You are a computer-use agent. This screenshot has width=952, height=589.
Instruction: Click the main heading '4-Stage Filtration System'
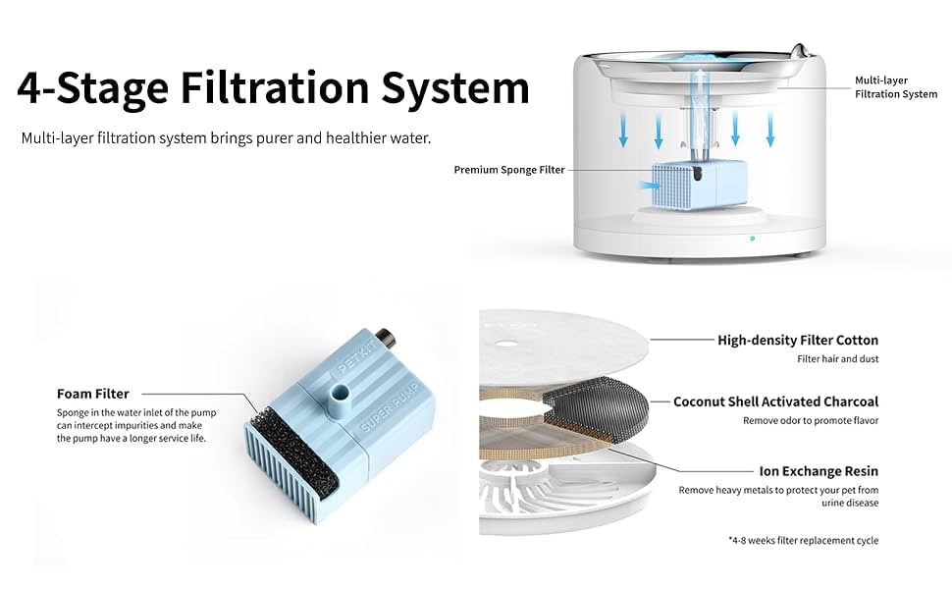[x=273, y=88]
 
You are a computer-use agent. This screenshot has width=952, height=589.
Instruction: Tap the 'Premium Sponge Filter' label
[x=509, y=170]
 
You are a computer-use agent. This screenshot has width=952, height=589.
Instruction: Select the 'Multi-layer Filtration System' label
[x=896, y=86]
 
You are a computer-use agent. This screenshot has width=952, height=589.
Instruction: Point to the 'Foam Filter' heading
[x=93, y=394]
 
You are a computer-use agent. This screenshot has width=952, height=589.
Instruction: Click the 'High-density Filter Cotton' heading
[x=798, y=340]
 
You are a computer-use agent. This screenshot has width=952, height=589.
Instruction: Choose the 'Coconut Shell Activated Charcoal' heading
[x=776, y=402]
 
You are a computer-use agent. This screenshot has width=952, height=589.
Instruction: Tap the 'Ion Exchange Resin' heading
[x=819, y=471]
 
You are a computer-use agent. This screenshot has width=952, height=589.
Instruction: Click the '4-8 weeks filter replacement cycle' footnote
[x=803, y=541]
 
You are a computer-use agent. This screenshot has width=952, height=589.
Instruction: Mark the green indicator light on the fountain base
[x=752, y=239]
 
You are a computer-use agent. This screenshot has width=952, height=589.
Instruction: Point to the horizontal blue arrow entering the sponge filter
[x=649, y=185]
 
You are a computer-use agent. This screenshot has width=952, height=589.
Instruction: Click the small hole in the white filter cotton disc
[x=505, y=344]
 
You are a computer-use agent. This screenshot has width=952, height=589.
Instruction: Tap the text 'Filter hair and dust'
[x=838, y=359]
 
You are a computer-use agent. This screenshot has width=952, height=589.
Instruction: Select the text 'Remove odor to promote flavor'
[x=811, y=421]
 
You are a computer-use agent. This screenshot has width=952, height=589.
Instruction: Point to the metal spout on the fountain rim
[x=799, y=50]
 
